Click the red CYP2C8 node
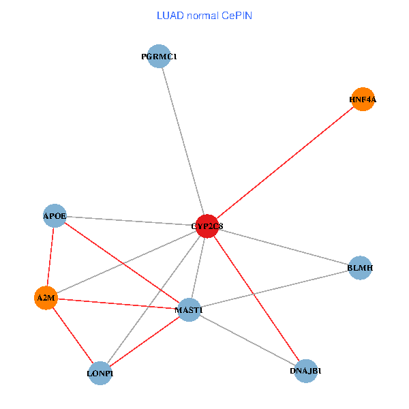coord(207,226)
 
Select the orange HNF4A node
coord(363,100)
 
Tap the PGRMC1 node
coord(159,57)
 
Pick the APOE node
coord(55,216)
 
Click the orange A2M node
coord(46,298)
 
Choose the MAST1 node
coord(189,310)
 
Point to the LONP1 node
coord(100,373)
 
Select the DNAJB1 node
coord(306,371)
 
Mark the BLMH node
coord(360,268)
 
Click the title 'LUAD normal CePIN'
coord(204,15)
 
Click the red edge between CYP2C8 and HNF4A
coord(284,163)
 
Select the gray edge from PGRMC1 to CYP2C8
coord(183,141)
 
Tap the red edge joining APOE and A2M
coord(50,257)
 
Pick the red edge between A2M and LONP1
coord(73,335)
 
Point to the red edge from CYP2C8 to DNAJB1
coord(256,298)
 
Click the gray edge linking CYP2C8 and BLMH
coord(283,247)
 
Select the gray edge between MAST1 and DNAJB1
coord(247,340)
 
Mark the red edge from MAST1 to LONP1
coord(145,342)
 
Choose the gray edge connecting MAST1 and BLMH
coord(274,289)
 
